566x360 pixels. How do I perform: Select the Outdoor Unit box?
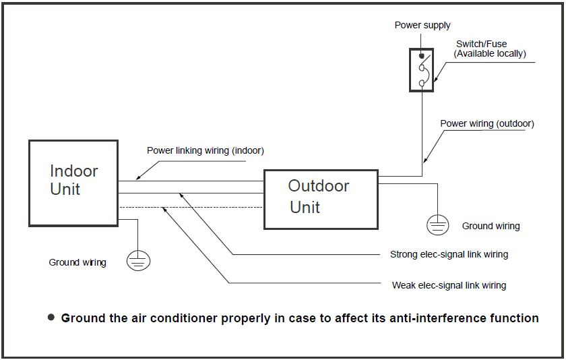point(320,200)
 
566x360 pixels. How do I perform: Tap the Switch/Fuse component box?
point(421,69)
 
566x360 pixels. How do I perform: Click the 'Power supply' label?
point(422,26)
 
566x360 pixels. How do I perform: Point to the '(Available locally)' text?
point(490,53)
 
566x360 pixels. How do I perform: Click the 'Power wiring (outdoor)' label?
point(487,124)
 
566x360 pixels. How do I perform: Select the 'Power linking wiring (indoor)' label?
point(206,151)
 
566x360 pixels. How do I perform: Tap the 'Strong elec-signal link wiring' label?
point(449,255)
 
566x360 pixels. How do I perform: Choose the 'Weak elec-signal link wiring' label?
point(449,285)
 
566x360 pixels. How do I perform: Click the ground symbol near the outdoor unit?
point(439,224)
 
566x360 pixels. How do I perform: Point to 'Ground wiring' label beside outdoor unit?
point(491,227)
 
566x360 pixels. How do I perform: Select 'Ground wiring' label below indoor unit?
point(77,262)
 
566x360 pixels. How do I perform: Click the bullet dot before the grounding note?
point(51,317)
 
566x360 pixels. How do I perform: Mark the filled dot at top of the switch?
point(422,56)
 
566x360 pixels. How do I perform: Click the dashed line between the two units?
point(191,207)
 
